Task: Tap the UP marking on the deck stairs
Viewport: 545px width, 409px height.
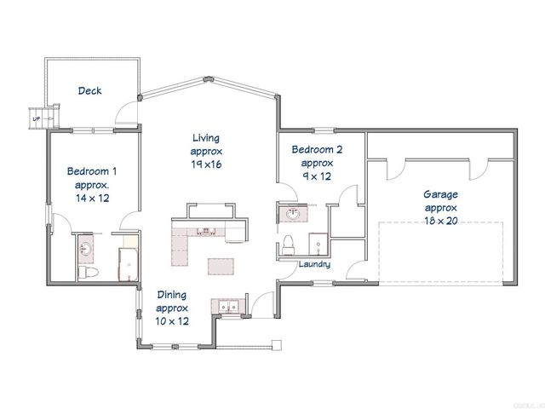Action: pyautogui.click(x=35, y=118)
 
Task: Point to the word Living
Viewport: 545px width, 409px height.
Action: pyautogui.click(x=206, y=137)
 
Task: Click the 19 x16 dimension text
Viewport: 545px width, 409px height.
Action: pyautogui.click(x=206, y=164)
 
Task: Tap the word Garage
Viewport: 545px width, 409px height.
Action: pyautogui.click(x=440, y=194)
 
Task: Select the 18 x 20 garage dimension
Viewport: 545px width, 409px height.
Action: pyautogui.click(x=440, y=220)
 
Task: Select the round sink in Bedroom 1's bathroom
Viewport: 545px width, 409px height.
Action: pyautogui.click(x=86, y=249)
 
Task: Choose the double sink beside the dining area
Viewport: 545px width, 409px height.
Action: pyautogui.click(x=227, y=306)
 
